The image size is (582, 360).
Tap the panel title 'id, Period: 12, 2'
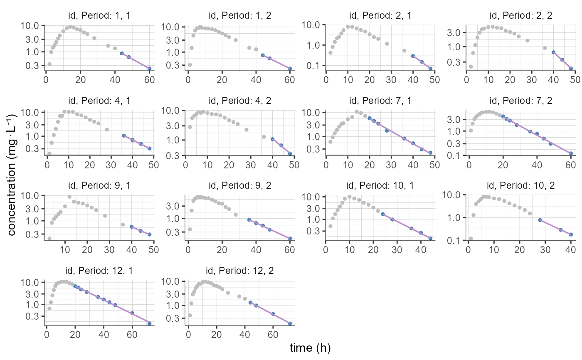241,271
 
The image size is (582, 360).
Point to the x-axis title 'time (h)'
310,348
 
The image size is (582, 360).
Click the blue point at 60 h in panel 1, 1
149,69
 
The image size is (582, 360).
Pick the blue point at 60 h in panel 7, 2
571,153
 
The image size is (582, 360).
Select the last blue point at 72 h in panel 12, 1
149,323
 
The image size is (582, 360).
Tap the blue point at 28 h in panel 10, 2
540,220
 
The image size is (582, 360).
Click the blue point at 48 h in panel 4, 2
290,153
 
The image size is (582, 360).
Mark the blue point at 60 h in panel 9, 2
289,238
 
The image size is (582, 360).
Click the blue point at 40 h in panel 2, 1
413,56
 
